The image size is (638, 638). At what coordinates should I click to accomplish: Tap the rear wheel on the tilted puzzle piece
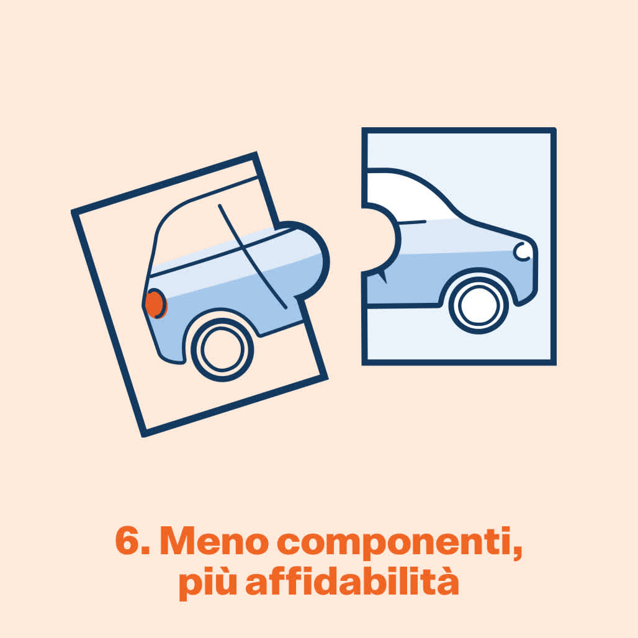222,349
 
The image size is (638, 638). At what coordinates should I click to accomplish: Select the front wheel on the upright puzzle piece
478,304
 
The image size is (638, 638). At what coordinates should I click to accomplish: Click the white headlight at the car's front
521,251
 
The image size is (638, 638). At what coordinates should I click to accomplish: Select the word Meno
215,541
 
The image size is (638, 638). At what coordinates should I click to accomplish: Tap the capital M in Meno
178,541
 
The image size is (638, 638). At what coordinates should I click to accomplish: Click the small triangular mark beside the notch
382,277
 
